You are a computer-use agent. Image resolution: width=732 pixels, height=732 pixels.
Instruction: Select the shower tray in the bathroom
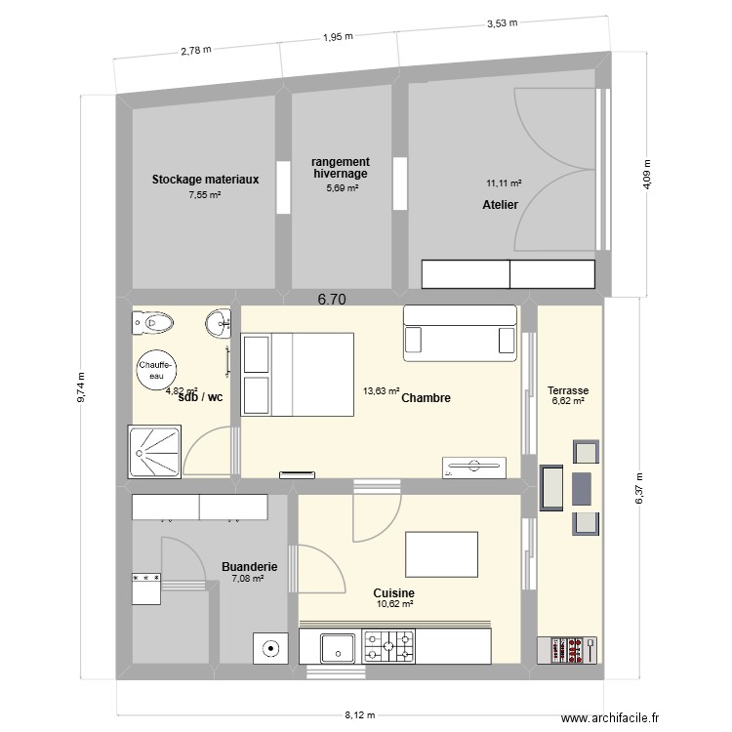coord(153,452)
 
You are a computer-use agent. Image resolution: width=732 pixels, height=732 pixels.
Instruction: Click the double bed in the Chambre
coord(298,375)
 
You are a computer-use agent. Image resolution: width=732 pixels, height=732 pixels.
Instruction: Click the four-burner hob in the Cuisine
coord(388,645)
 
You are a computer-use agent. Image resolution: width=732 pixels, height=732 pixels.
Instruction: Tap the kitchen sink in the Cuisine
coord(338,646)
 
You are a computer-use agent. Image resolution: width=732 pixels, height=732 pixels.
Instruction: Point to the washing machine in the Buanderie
coord(269,647)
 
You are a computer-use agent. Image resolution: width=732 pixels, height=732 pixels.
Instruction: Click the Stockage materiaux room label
coord(205,180)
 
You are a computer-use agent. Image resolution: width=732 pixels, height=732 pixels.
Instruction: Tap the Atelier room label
coord(500,205)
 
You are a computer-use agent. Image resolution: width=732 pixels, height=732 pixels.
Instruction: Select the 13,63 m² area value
coord(381,391)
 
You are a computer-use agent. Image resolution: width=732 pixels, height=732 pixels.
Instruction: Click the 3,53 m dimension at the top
coord(501,22)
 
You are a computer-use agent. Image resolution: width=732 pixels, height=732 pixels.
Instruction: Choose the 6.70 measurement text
coord(332,301)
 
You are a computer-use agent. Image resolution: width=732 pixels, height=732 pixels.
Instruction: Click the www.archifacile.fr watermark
coord(618,715)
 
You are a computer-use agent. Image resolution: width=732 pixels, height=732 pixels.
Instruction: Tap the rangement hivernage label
coord(341,167)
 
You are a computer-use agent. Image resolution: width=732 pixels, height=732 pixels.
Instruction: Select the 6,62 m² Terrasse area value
coord(567,400)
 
